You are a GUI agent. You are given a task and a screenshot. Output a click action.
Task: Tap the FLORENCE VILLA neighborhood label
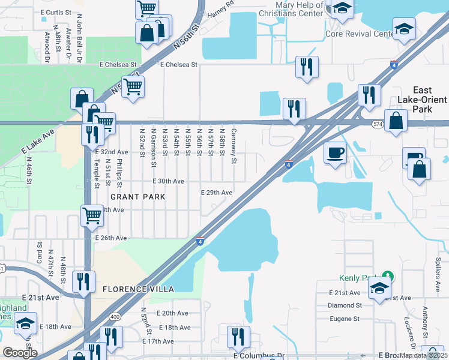click(138, 289)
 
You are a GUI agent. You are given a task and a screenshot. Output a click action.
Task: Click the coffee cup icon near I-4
click(335, 152)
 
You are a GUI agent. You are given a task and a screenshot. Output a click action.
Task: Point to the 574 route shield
click(377, 124)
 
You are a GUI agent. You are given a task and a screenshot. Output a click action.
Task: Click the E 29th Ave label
click(216, 193)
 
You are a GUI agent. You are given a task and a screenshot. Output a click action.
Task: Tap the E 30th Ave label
click(168, 181)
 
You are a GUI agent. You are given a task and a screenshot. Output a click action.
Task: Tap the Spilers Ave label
click(438, 271)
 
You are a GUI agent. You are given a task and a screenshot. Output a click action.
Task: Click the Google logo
click(20, 353)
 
